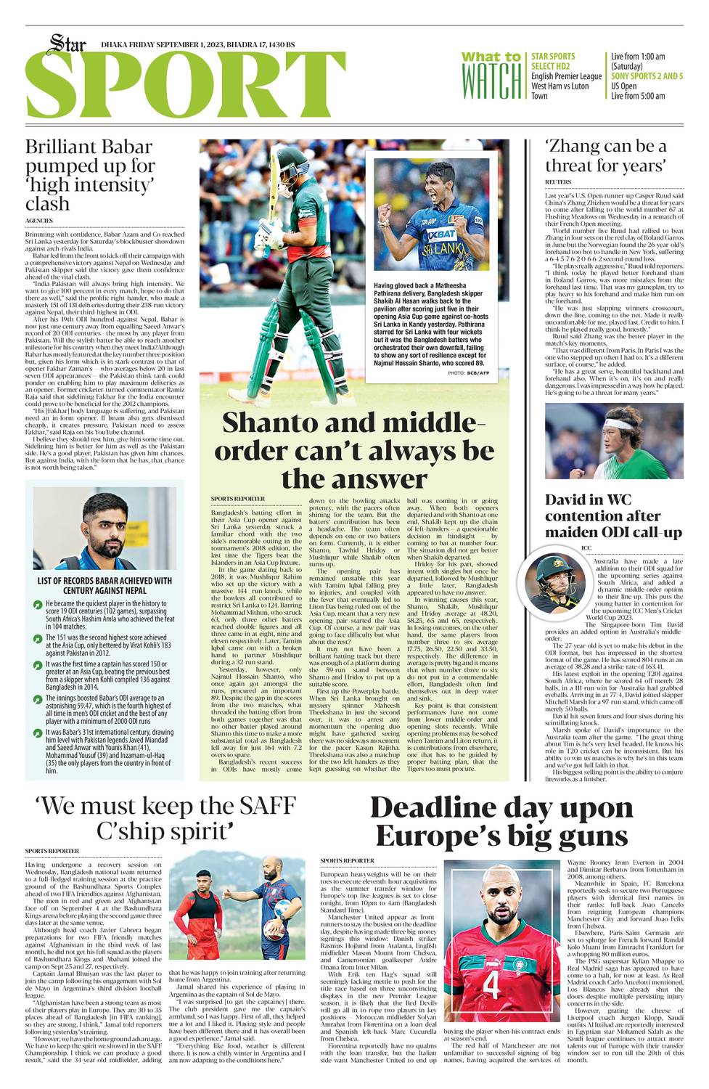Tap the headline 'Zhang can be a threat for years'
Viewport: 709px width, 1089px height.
pos(605,156)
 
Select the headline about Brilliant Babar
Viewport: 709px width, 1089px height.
pos(90,175)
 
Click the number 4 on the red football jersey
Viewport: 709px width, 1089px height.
pos(491,984)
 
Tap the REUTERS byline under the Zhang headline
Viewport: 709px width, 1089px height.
pos(558,181)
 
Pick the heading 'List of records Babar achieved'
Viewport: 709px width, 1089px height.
pos(104,585)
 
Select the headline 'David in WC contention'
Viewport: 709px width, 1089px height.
pos(613,515)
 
